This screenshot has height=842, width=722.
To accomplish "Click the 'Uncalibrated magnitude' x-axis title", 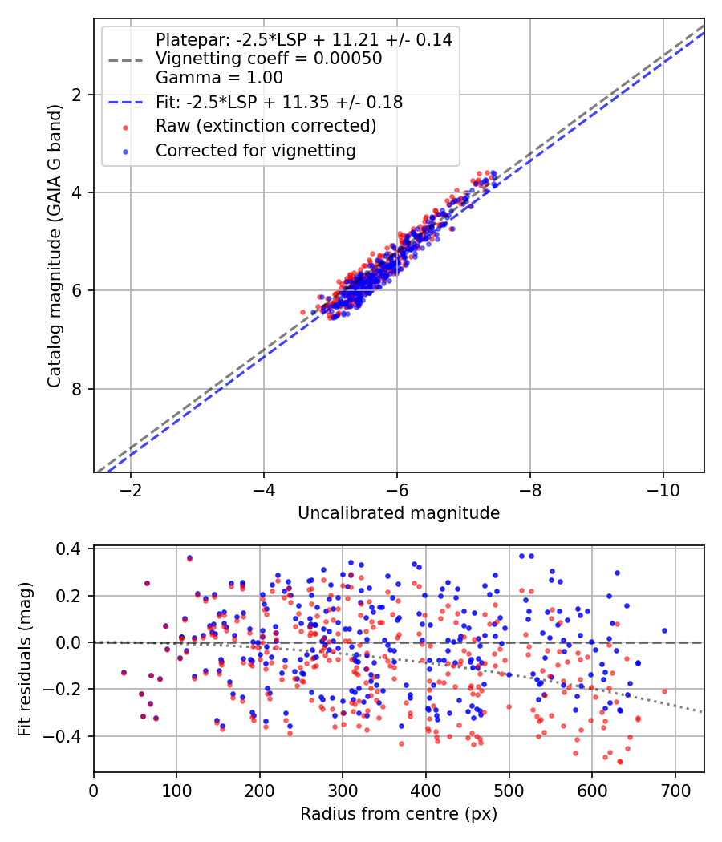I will pos(399,513).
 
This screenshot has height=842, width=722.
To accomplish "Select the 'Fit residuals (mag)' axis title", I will pos(25,659).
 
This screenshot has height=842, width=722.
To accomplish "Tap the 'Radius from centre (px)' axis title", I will pos(399,814).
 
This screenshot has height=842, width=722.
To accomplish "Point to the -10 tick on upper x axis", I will pos(663,490).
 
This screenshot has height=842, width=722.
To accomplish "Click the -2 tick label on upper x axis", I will pos(130,490).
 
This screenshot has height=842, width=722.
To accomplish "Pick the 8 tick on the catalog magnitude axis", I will pos(76,390).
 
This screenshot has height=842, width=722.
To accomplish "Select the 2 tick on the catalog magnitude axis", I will pos(76,95).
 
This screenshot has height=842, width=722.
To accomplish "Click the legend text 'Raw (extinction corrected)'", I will pos(266,126).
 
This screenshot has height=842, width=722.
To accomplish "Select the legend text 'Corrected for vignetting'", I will pos(255,150).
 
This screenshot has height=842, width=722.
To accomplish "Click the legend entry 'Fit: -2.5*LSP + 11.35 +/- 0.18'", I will pos(279,102).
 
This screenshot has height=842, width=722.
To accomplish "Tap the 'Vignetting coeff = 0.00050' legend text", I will pos(269,59).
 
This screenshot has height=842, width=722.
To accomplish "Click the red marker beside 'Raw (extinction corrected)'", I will pos(124,127).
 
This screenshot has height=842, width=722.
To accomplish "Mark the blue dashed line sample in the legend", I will pos(124,103).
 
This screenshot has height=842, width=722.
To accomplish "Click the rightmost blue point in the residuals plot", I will pos(664,631).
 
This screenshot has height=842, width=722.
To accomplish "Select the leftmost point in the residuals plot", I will pos(124,672).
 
